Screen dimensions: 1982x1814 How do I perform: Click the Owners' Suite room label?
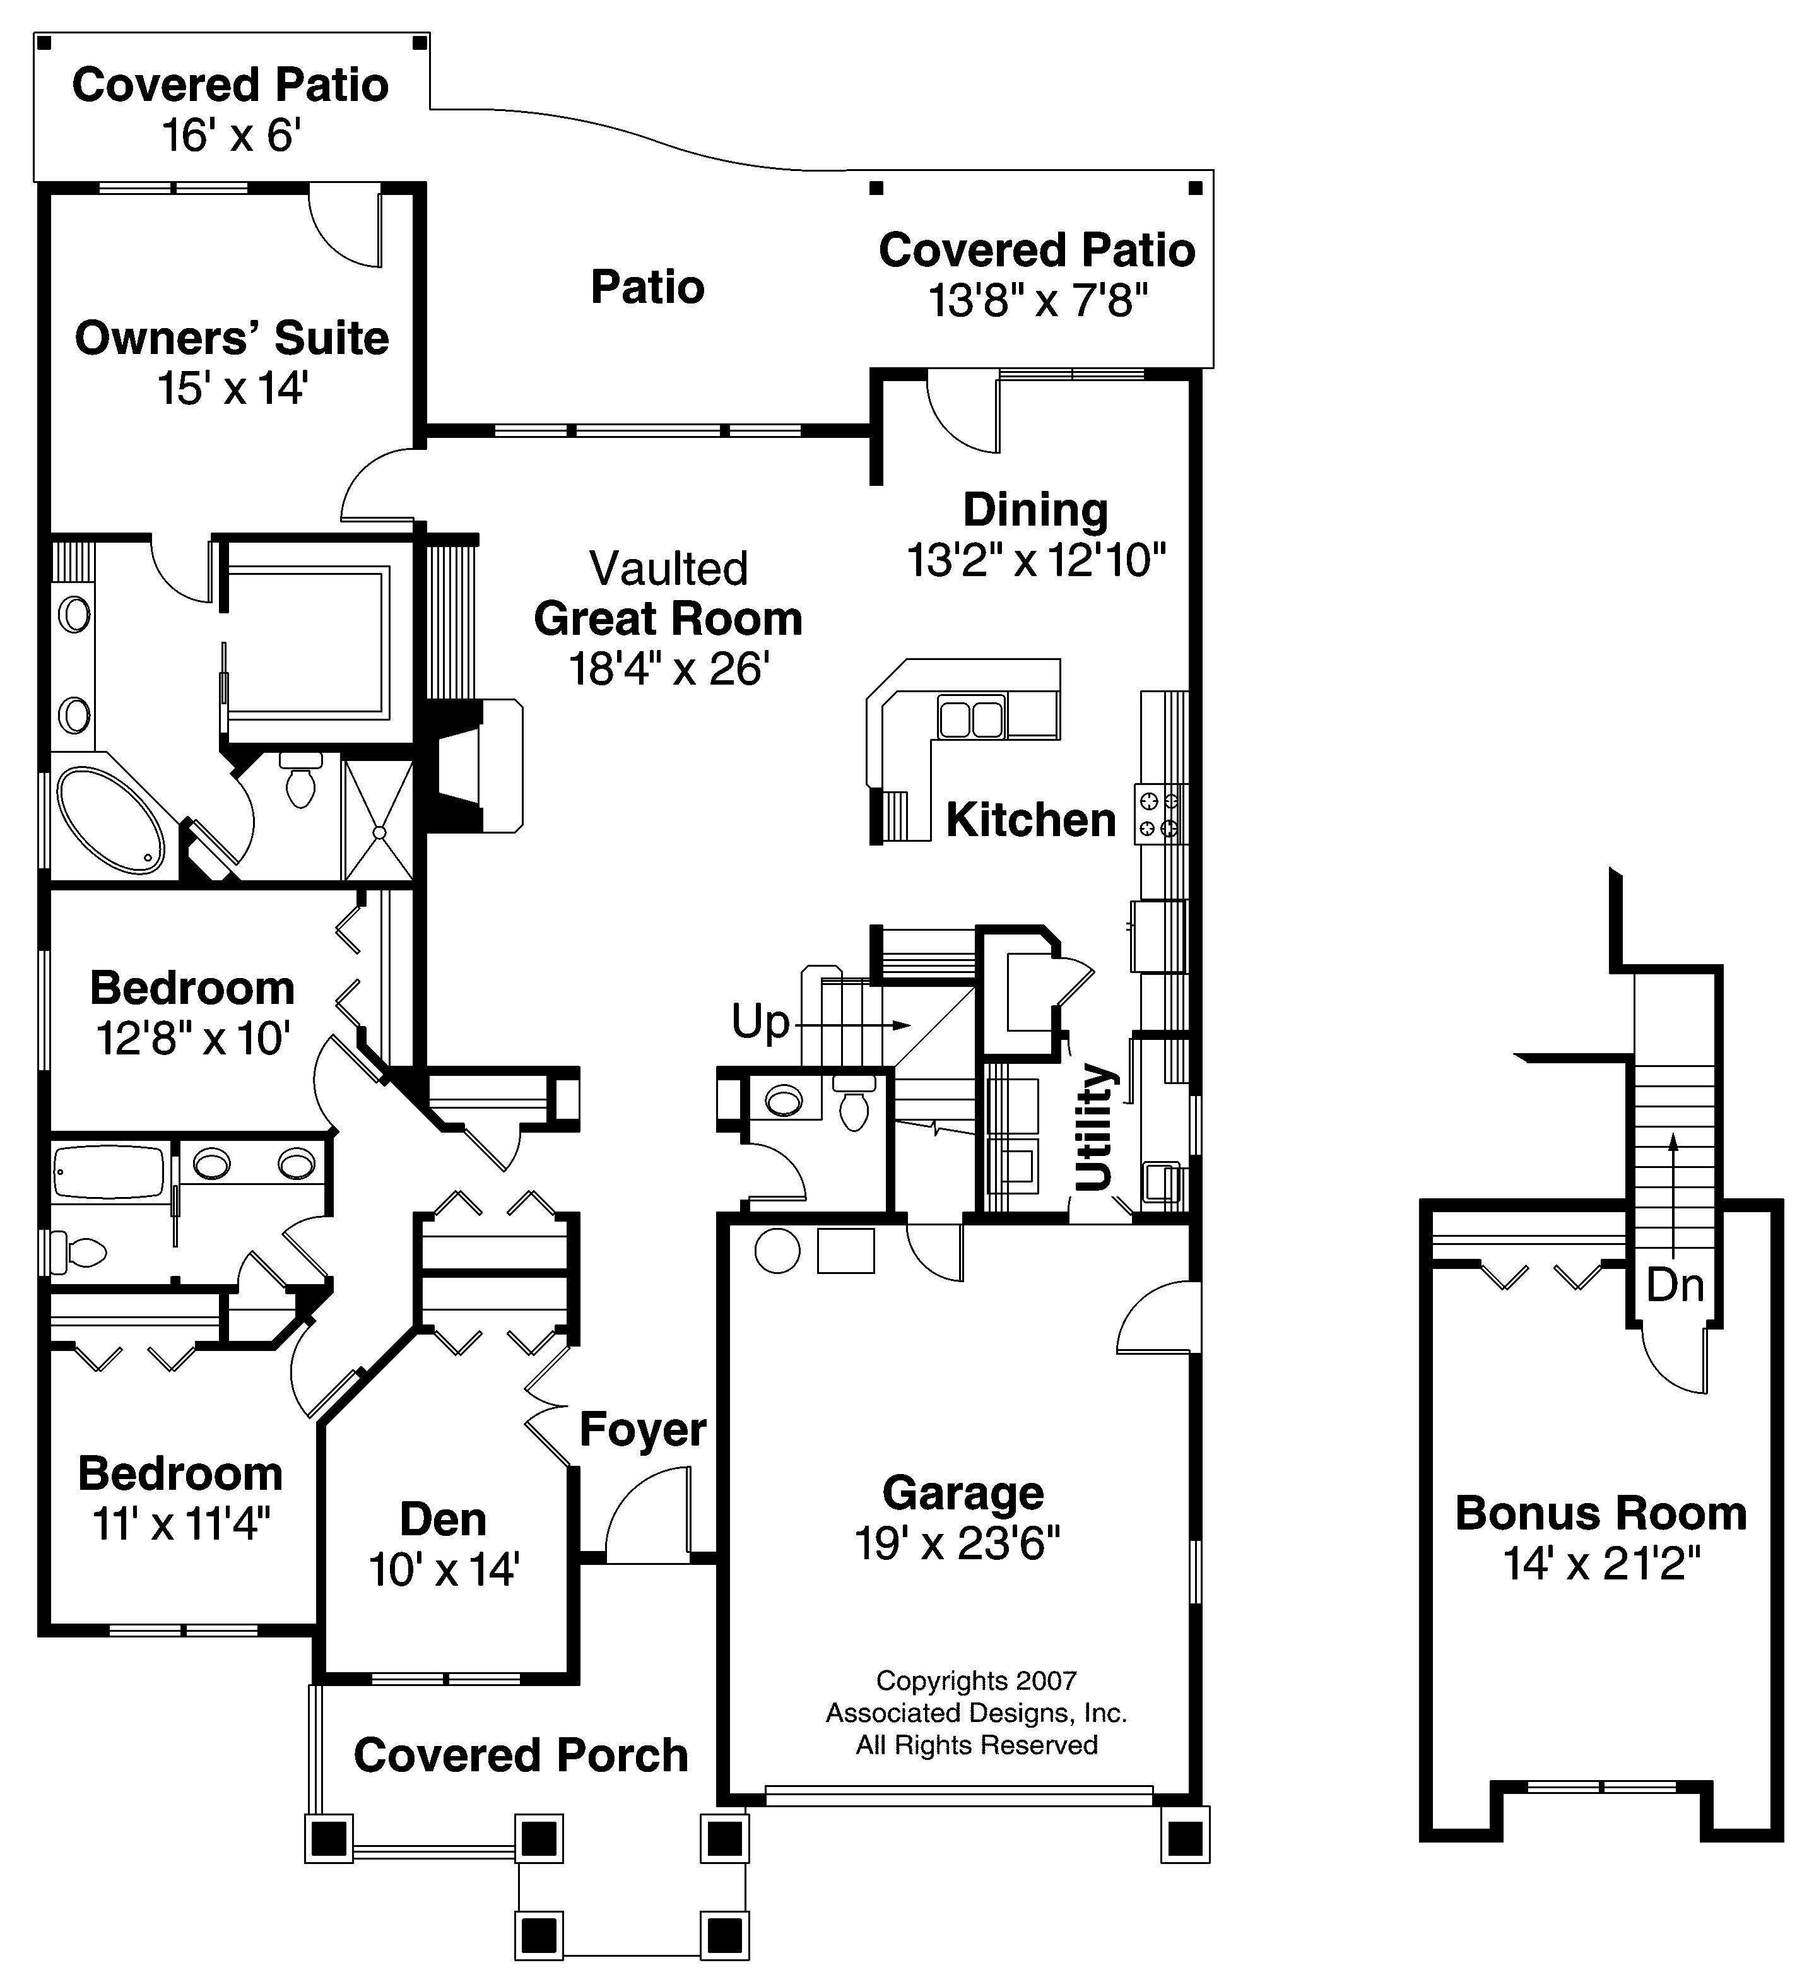click(x=232, y=338)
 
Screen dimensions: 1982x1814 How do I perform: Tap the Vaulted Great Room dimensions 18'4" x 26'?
click(x=669, y=670)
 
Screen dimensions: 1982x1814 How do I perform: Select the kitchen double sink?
click(x=972, y=717)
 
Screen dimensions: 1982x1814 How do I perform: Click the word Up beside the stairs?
click(x=760, y=1022)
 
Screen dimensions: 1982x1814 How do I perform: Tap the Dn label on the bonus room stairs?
click(x=1675, y=1285)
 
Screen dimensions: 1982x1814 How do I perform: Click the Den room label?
click(x=442, y=1520)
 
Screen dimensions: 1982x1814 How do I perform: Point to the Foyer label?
click(x=642, y=1429)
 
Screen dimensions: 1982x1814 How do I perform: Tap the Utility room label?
click(x=1093, y=1127)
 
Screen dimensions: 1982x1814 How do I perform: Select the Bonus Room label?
click(x=1601, y=1513)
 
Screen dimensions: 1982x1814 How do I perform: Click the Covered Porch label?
click(x=521, y=1756)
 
